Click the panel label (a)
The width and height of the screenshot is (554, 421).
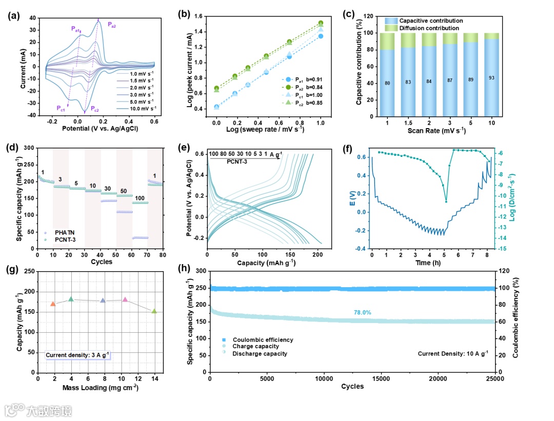point(13,15)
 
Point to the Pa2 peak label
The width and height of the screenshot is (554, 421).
point(111,25)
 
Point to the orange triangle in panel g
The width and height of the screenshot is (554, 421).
point(53,304)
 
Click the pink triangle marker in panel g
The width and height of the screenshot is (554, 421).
point(125,299)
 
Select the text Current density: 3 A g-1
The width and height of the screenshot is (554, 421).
point(77,354)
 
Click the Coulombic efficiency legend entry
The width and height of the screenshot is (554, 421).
point(263,340)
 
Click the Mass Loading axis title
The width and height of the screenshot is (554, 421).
point(101,387)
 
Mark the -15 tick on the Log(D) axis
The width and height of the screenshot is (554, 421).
point(503,249)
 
